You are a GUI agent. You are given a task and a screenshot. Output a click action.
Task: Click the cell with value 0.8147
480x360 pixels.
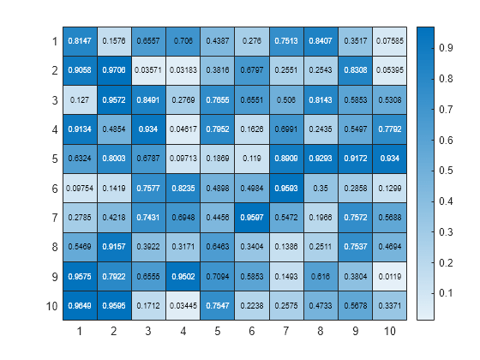(x=80, y=40)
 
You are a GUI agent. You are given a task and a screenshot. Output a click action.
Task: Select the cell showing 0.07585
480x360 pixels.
(x=388, y=40)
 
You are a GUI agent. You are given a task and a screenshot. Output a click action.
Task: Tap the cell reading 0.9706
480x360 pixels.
(x=114, y=70)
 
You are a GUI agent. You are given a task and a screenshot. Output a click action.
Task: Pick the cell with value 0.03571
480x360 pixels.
(x=148, y=70)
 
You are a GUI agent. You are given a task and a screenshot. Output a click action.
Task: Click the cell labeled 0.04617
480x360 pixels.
(x=183, y=129)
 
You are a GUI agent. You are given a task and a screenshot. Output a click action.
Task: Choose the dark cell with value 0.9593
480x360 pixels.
(x=285, y=188)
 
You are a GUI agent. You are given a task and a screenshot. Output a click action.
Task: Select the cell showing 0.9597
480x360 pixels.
(x=251, y=217)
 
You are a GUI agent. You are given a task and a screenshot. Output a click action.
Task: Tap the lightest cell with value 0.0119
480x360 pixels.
(x=388, y=276)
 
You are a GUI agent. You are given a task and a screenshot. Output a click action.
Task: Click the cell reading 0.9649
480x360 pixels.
(x=80, y=306)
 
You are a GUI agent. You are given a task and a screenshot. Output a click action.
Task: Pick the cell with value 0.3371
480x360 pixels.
(x=388, y=306)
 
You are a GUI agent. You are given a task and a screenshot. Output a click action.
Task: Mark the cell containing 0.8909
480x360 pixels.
(x=285, y=159)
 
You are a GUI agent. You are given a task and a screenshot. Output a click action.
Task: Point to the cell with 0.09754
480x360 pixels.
(x=80, y=188)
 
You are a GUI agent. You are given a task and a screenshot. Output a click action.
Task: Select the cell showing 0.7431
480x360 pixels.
(x=148, y=217)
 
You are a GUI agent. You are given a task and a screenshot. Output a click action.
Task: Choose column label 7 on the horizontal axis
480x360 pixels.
(x=285, y=331)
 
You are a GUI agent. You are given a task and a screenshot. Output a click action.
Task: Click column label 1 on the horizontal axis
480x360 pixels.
(x=80, y=331)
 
